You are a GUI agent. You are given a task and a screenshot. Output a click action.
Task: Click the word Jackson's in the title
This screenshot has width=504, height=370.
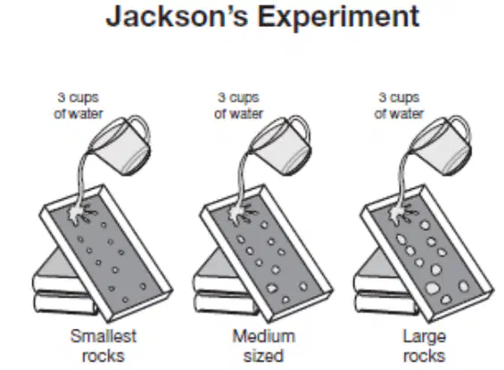click(x=178, y=16)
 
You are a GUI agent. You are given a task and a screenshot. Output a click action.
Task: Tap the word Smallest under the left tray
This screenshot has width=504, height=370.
click(x=103, y=336)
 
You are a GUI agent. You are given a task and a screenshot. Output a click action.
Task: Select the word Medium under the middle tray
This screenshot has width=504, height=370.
click(x=263, y=336)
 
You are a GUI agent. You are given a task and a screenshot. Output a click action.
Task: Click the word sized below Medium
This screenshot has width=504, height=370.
click(x=263, y=356)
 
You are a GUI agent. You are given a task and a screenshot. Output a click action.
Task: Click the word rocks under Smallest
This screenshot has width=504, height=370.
click(x=103, y=356)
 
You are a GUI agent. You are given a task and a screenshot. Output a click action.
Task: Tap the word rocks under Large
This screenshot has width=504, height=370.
click(x=425, y=356)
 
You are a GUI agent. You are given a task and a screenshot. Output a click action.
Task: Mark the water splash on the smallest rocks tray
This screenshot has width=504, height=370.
click(x=77, y=214)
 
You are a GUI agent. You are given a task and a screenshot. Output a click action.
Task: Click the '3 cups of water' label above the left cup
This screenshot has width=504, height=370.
click(x=78, y=106)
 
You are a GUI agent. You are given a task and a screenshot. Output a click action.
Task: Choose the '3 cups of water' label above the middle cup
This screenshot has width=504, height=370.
click(x=238, y=106)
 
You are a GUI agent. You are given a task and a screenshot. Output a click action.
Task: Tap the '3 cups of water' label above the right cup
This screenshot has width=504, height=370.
click(x=399, y=106)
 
